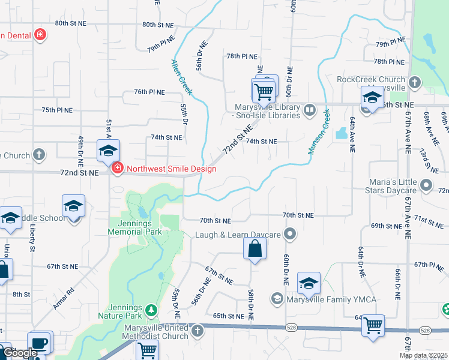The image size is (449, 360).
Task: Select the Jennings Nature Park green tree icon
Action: pos(152,310)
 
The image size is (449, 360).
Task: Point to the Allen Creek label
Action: pos(181,76)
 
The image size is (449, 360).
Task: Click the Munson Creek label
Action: pos(319,132)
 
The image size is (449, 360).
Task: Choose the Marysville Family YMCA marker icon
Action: pos(277,298)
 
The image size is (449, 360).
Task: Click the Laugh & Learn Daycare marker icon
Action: pos(291,233)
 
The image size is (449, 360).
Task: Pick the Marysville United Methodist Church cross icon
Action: pos(199,331)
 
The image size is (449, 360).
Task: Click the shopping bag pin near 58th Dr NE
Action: pos(255,248)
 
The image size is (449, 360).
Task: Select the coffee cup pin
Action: pos(39,343)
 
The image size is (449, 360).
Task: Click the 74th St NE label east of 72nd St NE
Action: pos(261,142)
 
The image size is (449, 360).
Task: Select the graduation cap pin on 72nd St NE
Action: pos(108,151)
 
